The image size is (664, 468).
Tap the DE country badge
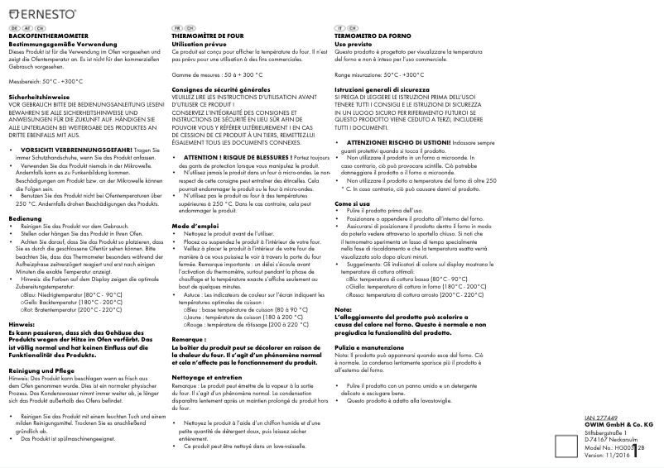coord(13,27)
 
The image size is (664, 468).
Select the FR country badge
coord(176,27)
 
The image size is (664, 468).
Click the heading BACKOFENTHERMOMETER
coord(48,35)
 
